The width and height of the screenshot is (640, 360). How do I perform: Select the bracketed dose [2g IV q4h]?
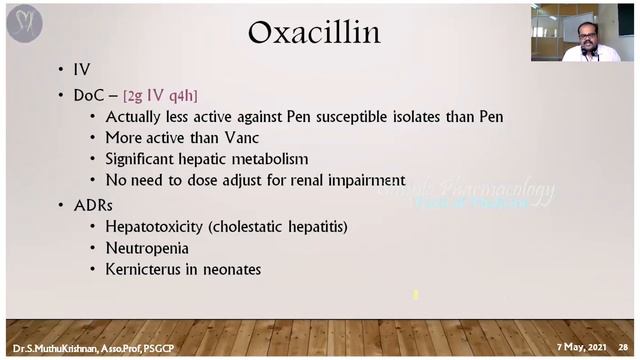160,95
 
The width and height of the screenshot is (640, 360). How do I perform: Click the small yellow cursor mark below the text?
415,295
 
